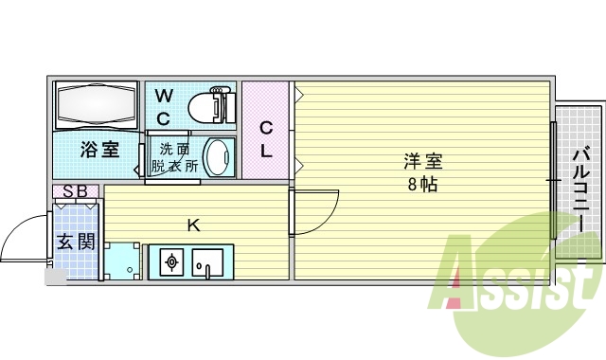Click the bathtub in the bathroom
98,105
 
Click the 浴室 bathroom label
99,149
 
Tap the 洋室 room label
422,162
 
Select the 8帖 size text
422,185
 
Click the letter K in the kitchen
193,225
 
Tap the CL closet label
266,138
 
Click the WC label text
164,106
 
